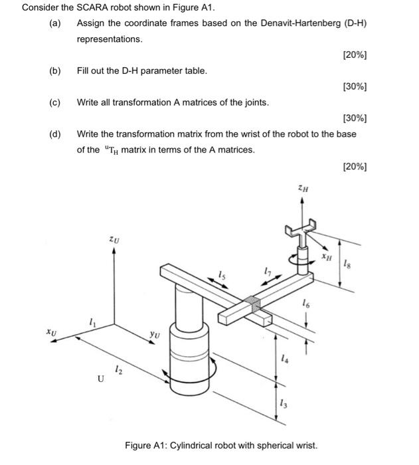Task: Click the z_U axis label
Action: tap(114, 238)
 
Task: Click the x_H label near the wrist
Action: tap(326, 255)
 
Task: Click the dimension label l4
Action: tap(285, 359)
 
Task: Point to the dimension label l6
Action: tap(305, 304)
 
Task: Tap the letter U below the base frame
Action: tap(100, 379)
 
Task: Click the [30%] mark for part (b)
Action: tap(355, 86)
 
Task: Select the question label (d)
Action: tap(55, 134)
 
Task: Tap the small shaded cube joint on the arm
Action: tap(252, 304)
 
